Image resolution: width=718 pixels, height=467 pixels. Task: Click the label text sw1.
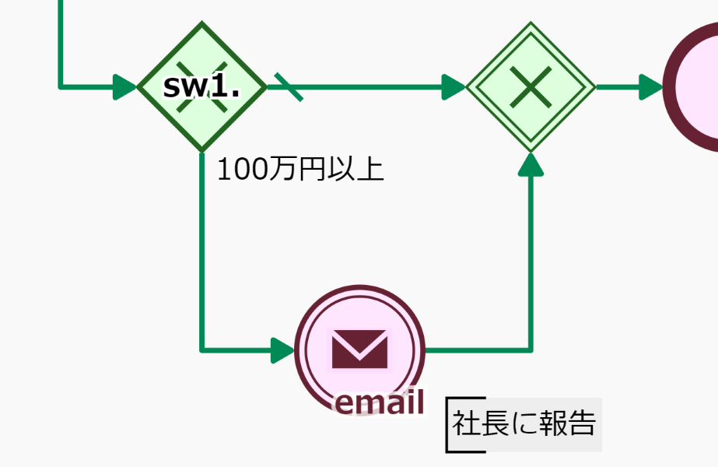click(x=201, y=86)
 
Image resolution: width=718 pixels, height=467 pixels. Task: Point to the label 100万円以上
click(x=300, y=169)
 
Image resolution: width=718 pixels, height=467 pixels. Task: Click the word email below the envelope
click(x=380, y=402)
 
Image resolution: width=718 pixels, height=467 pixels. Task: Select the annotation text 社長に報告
click(x=524, y=424)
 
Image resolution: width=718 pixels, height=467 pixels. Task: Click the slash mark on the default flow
click(x=289, y=86)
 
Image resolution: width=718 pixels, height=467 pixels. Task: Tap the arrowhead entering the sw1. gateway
click(x=124, y=86)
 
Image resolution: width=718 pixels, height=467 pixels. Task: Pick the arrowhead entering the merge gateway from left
click(x=453, y=86)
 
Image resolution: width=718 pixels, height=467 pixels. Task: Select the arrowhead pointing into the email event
click(x=282, y=350)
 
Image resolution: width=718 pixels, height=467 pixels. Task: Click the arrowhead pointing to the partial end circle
click(x=650, y=86)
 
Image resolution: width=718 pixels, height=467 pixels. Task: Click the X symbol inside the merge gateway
click(x=531, y=86)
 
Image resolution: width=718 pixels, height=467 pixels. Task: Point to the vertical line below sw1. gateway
click(x=201, y=257)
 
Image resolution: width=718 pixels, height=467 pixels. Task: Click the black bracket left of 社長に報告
click(x=449, y=425)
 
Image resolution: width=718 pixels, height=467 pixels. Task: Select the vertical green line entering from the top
click(x=60, y=39)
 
